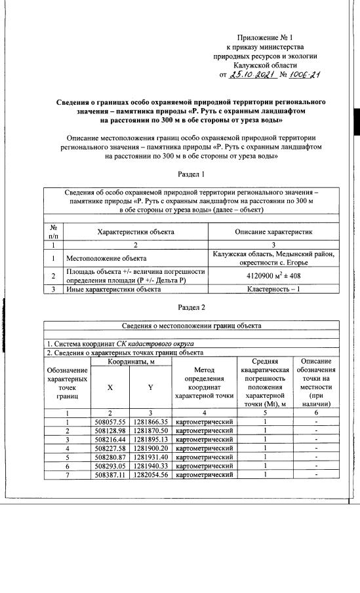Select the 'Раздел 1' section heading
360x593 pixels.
[191, 174]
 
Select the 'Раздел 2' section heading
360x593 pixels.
[191, 307]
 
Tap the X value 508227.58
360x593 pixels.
[110, 448]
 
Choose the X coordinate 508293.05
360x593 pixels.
[110, 465]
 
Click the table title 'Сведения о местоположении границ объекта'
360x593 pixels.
[191, 326]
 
